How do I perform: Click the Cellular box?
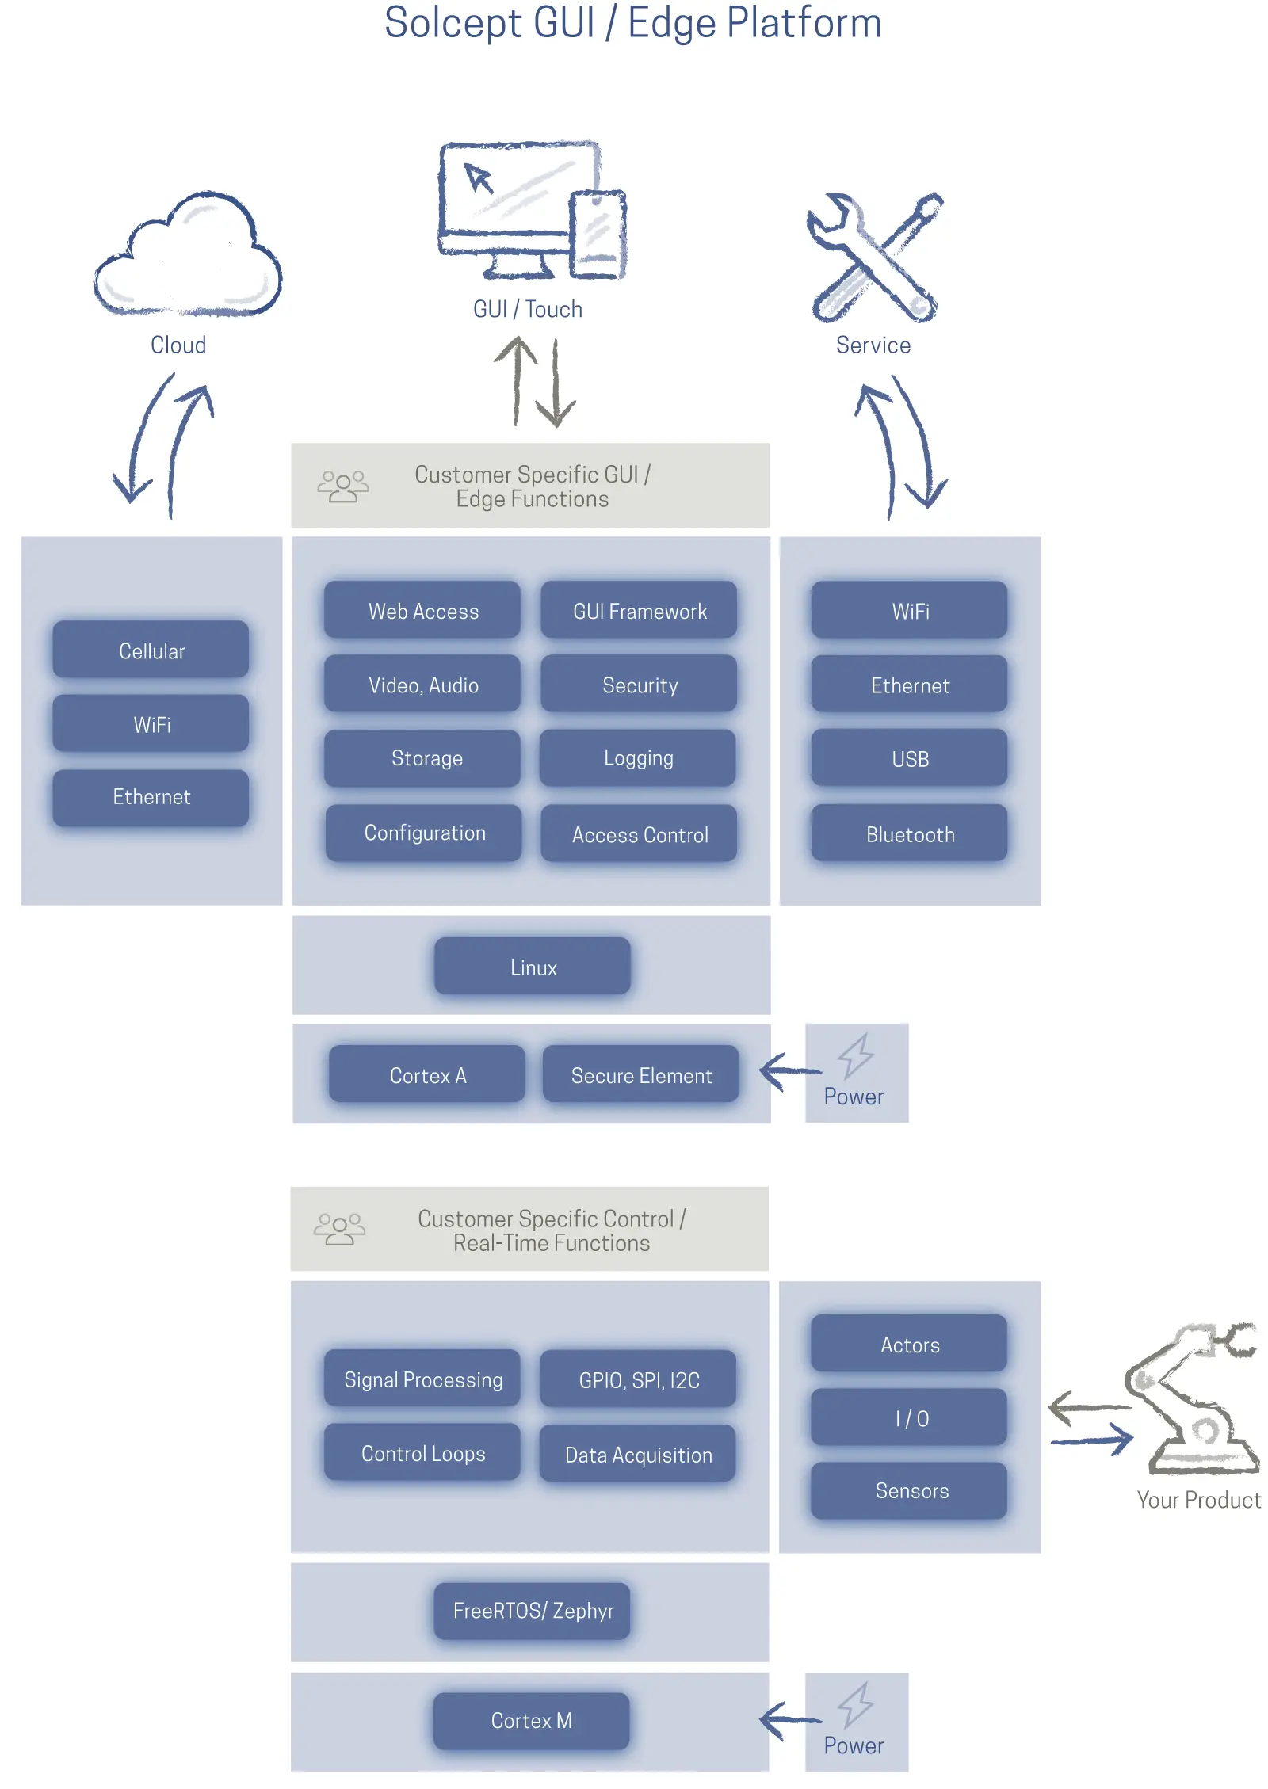[151, 650]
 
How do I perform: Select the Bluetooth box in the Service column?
[909, 833]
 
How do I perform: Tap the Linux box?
[533, 967]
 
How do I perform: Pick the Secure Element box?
[640, 1074]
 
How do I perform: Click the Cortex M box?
[531, 1720]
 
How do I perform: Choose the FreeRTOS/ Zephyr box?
[533, 1610]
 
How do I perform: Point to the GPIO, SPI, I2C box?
[639, 1379]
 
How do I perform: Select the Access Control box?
[639, 833]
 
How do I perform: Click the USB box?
[909, 758]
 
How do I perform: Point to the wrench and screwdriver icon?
[873, 257]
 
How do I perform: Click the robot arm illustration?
[1193, 1398]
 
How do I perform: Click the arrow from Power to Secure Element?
[789, 1071]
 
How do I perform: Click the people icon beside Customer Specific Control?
[339, 1229]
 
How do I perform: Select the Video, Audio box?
[422, 685]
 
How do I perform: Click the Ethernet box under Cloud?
[151, 796]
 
